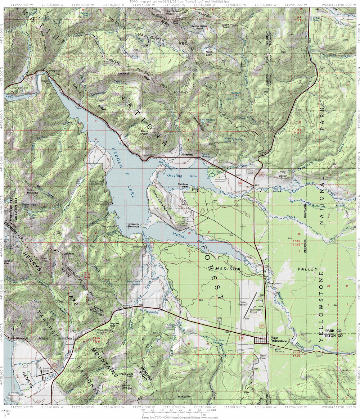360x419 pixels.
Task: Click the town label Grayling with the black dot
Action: pos(187,155)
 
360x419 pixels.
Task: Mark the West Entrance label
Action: pos(279,349)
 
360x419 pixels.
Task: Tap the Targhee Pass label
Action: pos(114,324)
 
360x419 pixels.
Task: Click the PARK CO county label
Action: pos(333,331)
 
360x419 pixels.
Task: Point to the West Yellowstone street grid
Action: pos(260,340)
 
